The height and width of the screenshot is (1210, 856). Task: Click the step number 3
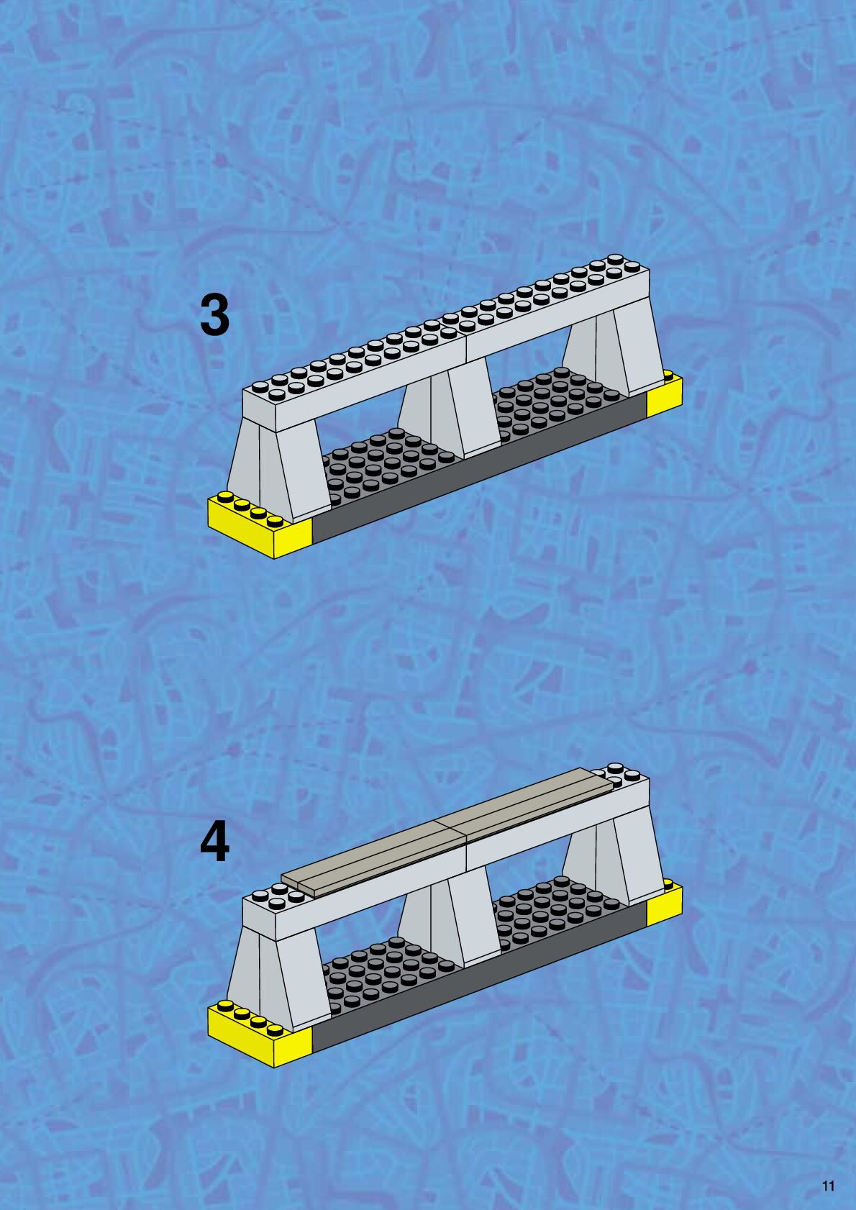pyautogui.click(x=215, y=315)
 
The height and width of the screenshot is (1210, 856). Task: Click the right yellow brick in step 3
pyautogui.click(x=664, y=394)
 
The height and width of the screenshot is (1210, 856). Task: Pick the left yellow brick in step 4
pyautogui.click(x=259, y=1036)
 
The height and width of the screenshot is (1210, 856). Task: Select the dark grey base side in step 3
pyautogui.click(x=480, y=468)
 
